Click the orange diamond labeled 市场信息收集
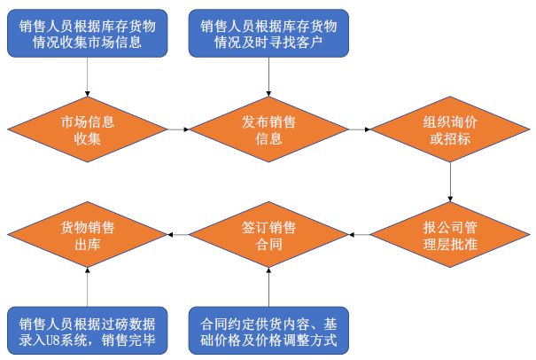[88, 129]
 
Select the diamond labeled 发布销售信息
[268, 129]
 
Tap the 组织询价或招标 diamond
[450, 129]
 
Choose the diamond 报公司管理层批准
[450, 234]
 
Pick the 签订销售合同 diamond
[268, 234]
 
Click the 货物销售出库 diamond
[88, 234]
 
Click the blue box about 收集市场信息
[88, 33]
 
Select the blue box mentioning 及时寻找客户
[268, 33]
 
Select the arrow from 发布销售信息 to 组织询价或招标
[359, 129]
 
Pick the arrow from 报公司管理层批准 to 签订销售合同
[359, 234]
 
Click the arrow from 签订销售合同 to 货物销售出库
[177, 234]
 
